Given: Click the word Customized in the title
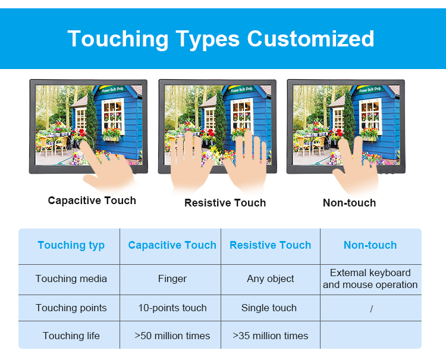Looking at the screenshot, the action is (x=310, y=39).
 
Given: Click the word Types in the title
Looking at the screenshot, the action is (x=208, y=39).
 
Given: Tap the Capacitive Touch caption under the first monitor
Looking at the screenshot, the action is (x=92, y=201).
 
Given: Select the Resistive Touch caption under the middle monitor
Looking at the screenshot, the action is (x=225, y=203).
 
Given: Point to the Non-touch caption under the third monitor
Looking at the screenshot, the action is (x=349, y=203).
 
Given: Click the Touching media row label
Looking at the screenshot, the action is (x=71, y=278).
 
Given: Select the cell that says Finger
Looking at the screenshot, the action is (x=172, y=278).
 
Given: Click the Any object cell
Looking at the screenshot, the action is (x=270, y=278).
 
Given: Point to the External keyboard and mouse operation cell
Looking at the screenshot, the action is (x=370, y=278).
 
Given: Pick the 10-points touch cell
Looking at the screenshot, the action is (x=172, y=308).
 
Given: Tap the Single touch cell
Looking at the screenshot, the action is (x=269, y=308).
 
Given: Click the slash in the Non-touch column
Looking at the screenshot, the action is (x=371, y=309).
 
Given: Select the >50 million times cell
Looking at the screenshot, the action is (x=172, y=336).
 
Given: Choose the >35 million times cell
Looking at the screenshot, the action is (x=270, y=336).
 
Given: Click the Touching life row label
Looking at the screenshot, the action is (x=71, y=336).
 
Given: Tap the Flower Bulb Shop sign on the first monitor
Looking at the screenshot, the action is (x=113, y=89).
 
